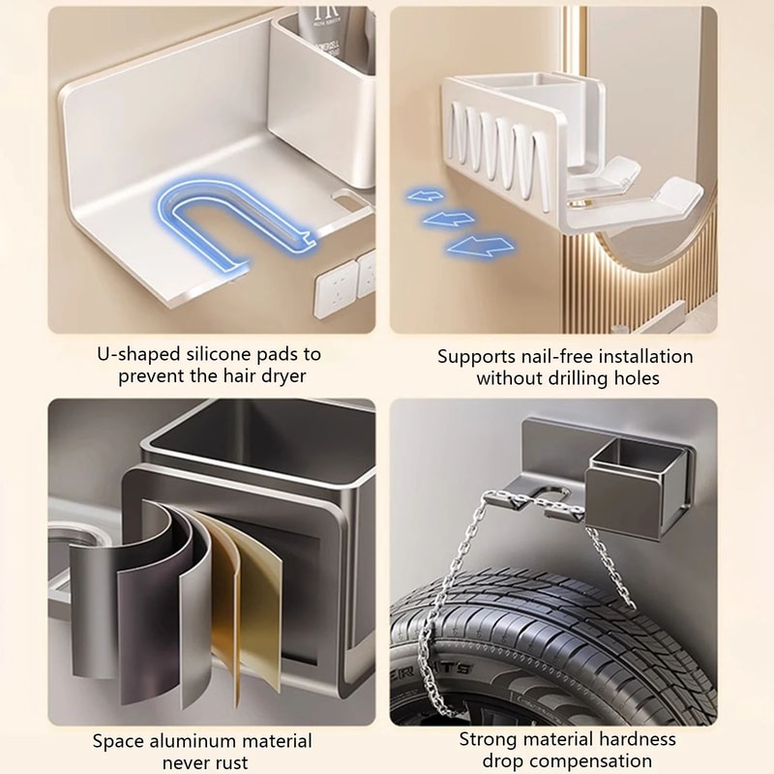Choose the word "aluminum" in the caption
pyautogui.click(x=193, y=741)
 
